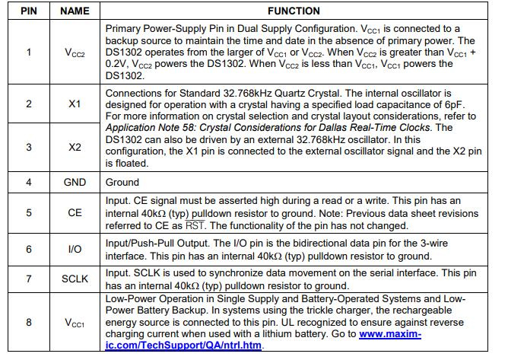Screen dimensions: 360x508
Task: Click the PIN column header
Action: (30, 11)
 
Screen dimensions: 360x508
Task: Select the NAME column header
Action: (75, 11)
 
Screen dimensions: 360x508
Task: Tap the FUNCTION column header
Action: (294, 11)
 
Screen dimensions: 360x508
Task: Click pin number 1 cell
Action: (30, 53)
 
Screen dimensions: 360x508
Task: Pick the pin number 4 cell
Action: (30, 182)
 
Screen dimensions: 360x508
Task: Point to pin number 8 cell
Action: (30, 323)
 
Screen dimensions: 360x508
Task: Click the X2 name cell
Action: (75, 147)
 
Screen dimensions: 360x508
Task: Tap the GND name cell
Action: (75, 182)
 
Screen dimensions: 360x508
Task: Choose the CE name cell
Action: (75, 213)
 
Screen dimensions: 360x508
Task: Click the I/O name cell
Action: (75, 250)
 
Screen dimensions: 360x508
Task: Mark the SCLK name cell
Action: (75, 279)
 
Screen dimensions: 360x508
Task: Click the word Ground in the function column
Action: (122, 182)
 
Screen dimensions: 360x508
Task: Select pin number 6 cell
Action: (30, 250)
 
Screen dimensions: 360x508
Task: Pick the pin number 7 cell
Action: (30, 279)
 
